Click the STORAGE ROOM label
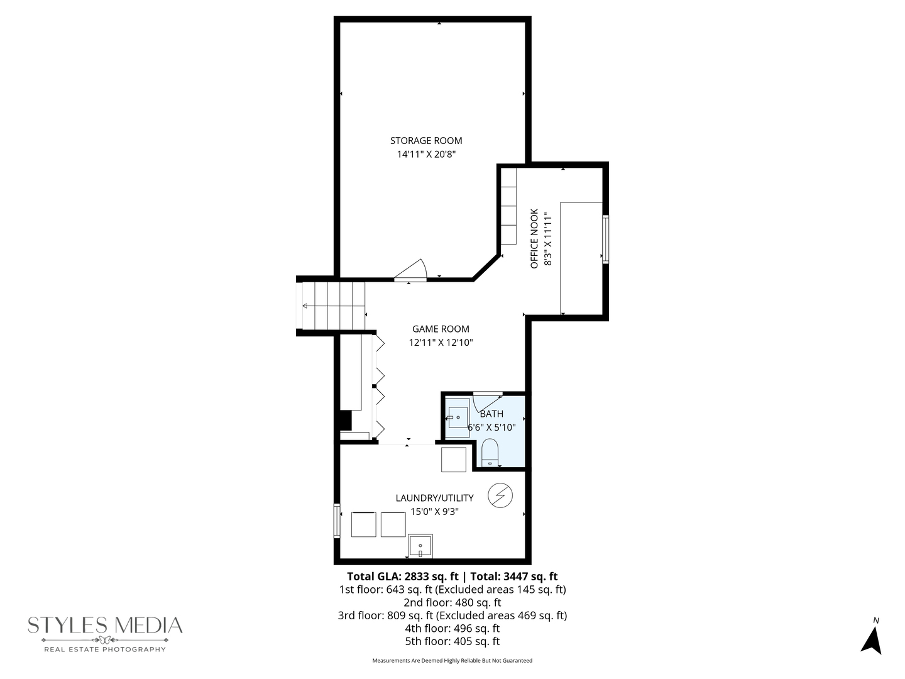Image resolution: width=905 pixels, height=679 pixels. click(425, 141)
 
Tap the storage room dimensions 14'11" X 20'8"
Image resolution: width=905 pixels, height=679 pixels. click(425, 154)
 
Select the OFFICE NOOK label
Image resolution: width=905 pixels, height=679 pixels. click(534, 239)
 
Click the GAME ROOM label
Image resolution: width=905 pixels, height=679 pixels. click(441, 329)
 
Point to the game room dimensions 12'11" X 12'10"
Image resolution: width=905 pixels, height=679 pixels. click(441, 343)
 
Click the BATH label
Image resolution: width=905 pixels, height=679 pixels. click(491, 414)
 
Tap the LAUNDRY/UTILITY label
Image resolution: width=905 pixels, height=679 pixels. click(434, 498)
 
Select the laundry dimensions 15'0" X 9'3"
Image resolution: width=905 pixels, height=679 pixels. click(434, 512)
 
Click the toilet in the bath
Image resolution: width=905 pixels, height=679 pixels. click(490, 453)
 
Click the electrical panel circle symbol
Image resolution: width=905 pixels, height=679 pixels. click(501, 495)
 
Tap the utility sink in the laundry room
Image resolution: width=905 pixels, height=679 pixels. click(420, 546)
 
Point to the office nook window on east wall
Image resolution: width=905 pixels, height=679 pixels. click(605, 239)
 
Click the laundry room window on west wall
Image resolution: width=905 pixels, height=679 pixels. click(337, 521)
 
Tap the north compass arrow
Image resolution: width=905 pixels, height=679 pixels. click(872, 639)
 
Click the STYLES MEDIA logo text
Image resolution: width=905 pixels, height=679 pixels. click(105, 626)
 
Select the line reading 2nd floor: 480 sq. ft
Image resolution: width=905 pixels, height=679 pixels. click(452, 602)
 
